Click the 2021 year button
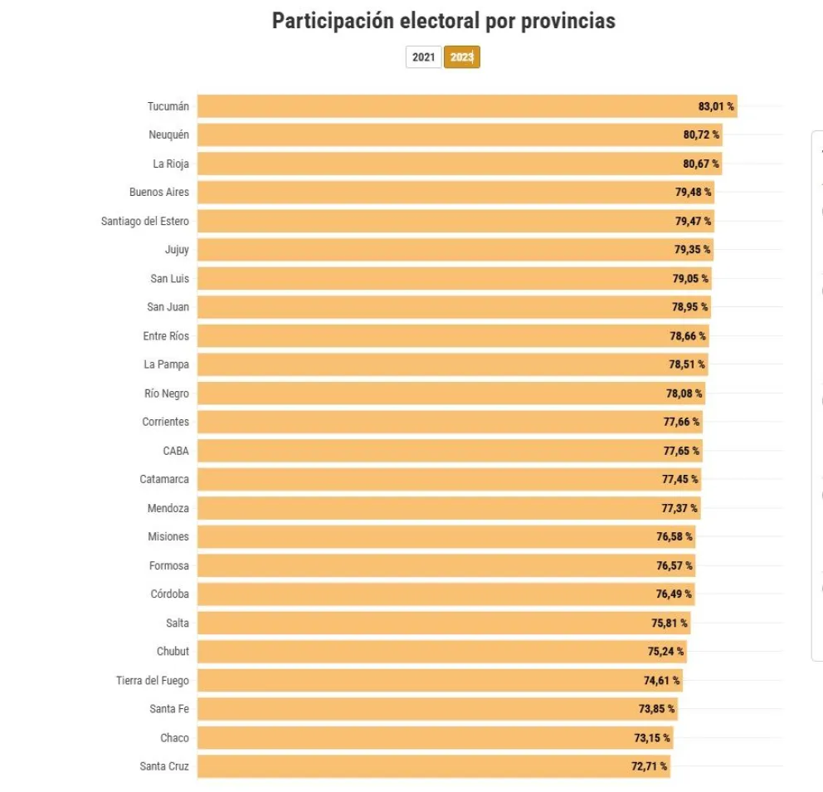point(423,57)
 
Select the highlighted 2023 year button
point(462,57)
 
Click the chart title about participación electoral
point(444,22)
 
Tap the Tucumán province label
point(168,106)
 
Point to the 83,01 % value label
point(716,106)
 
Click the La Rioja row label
point(171,164)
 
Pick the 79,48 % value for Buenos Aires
point(693,192)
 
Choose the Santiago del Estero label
point(145,221)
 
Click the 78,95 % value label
point(690,307)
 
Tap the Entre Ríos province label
point(166,336)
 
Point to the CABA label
point(176,451)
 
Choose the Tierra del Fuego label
point(153,681)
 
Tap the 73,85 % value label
point(656,709)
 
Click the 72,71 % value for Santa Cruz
point(649,766)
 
